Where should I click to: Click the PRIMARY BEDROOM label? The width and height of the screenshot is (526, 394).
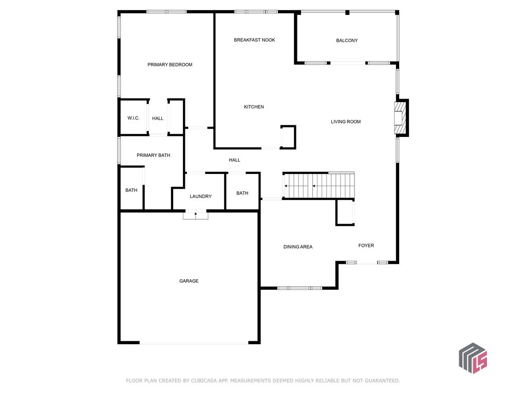[170, 65]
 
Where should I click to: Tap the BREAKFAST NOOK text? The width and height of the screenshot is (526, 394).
[254, 40]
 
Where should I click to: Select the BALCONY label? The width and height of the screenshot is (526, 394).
[347, 41]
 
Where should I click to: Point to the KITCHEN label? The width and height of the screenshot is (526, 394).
[254, 107]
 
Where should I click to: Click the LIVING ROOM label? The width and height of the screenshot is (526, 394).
[346, 122]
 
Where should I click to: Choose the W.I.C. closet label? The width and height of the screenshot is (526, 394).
[134, 118]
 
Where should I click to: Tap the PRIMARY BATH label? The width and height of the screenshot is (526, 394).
[153, 155]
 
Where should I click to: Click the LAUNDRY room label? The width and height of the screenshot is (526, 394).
[201, 196]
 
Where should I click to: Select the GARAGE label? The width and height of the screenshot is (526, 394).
[189, 281]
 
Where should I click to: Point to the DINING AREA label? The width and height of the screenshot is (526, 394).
[298, 247]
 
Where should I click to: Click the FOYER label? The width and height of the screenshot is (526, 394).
[366, 246]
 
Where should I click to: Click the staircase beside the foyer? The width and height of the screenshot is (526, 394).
[319, 186]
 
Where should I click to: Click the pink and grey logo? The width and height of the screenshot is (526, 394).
[473, 358]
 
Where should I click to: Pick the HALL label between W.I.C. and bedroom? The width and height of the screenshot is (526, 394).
[158, 119]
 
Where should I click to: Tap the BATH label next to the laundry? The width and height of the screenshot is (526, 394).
[242, 193]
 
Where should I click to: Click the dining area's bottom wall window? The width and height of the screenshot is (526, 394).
[299, 288]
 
